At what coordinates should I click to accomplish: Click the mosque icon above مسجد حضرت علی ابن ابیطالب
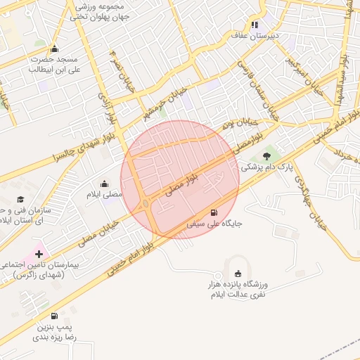click(x=55, y=49)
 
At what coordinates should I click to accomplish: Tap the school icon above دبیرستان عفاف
click(x=255, y=25)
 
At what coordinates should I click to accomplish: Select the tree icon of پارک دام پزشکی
click(x=266, y=156)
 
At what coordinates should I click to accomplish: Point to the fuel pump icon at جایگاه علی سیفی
click(x=214, y=212)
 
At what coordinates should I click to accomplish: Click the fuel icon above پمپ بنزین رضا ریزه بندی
click(x=55, y=316)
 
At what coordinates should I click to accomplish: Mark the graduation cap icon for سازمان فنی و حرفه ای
click(x=20, y=200)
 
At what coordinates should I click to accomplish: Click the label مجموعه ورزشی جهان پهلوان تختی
click(x=98, y=9)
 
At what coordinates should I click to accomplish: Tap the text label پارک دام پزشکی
click(x=266, y=167)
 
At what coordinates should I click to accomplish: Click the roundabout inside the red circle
click(x=145, y=204)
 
